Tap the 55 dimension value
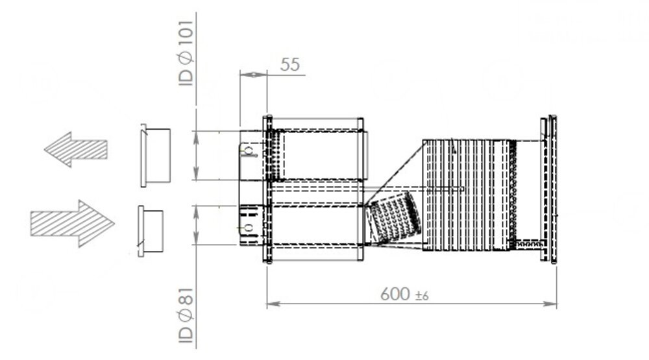point(289,64)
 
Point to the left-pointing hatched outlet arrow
point(75,149)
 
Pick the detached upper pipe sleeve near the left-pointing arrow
point(156,156)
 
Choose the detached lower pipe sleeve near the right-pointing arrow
point(151,230)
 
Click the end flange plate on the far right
point(548,189)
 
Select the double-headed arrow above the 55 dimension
point(252,75)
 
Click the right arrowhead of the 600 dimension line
point(552,303)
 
